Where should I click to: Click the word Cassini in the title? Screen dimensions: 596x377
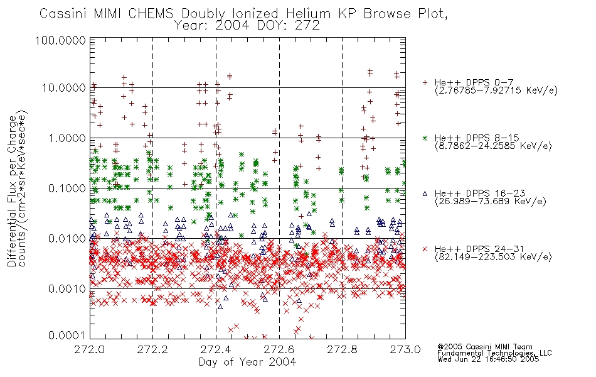tap(63, 14)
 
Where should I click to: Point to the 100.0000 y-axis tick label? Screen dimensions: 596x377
tap(61, 40)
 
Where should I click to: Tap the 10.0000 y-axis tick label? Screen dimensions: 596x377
tap(64, 88)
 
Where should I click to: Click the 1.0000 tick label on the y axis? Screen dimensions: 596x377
tap(67, 138)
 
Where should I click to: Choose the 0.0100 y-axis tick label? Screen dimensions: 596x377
tap(67, 238)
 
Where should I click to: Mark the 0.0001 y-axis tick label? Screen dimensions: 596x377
tap(67, 335)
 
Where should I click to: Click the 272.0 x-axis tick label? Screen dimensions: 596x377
tap(90, 349)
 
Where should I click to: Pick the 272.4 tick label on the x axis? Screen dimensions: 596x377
tap(216, 349)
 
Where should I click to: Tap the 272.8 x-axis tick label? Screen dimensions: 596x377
tap(342, 349)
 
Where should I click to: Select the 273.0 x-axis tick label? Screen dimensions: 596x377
tap(405, 349)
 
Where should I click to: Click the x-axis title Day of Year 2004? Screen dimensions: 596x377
tap(247, 362)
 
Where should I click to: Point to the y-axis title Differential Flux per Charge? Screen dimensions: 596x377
tap(12, 191)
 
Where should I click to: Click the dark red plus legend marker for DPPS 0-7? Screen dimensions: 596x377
tap(425, 82)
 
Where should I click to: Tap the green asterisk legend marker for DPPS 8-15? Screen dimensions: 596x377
tap(425, 138)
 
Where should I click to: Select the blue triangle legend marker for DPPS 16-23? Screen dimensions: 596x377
tap(425, 194)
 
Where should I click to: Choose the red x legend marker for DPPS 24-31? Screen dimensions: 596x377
tap(425, 249)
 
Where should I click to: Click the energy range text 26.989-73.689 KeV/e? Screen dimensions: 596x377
tap(491, 201)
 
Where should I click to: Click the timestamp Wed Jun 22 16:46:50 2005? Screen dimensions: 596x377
tap(488, 359)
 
